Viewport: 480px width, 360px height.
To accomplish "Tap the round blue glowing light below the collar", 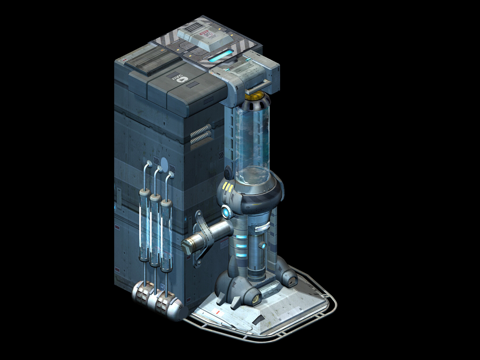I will (226, 212).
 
